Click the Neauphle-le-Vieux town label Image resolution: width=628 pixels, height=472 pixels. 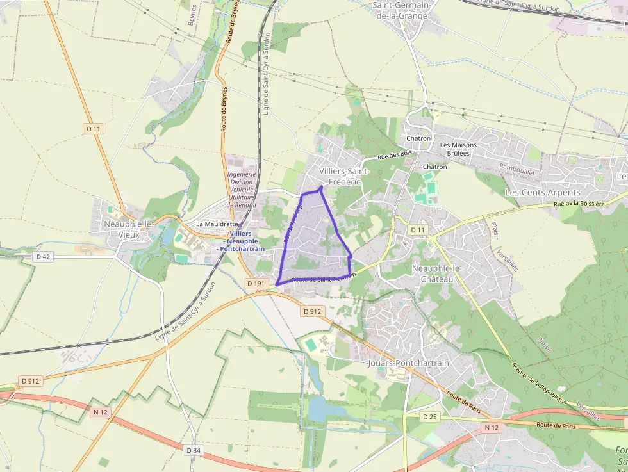point(128,229)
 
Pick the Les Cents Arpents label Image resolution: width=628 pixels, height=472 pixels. point(542,192)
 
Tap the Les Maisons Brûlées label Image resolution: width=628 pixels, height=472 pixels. point(458,149)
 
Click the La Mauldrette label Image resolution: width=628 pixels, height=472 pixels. point(217,224)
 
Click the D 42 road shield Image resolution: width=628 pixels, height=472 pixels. point(43,257)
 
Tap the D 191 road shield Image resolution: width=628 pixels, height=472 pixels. point(255,283)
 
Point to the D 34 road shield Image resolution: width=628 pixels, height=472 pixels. point(194,450)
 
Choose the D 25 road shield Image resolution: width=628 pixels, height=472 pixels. point(429,416)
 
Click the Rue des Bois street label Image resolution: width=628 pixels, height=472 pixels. point(393,155)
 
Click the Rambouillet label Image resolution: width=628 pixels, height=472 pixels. point(516,167)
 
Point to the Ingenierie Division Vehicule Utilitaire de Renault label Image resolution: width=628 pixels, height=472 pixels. point(241,189)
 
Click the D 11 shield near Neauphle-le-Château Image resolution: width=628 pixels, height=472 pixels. point(418,229)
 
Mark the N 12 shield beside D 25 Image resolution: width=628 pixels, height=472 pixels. point(492,427)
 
